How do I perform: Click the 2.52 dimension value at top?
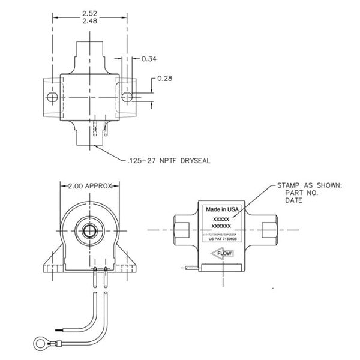(91, 12)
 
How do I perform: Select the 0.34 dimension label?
(149, 59)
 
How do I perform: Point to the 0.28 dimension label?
(166, 79)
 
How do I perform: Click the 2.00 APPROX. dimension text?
(90, 187)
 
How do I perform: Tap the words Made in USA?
(222, 209)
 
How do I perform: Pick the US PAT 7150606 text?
(222, 239)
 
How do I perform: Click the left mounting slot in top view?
(53, 98)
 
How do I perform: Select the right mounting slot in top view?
(128, 97)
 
